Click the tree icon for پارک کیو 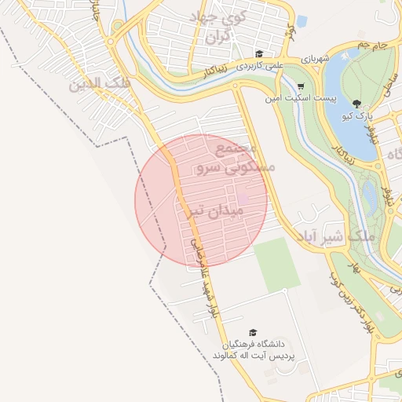point(357,104)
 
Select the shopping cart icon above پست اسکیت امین point(301,86)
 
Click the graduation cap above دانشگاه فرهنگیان point(253,332)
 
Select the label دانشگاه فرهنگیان point(252,344)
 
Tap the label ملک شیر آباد point(338,236)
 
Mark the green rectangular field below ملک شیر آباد point(276,264)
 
